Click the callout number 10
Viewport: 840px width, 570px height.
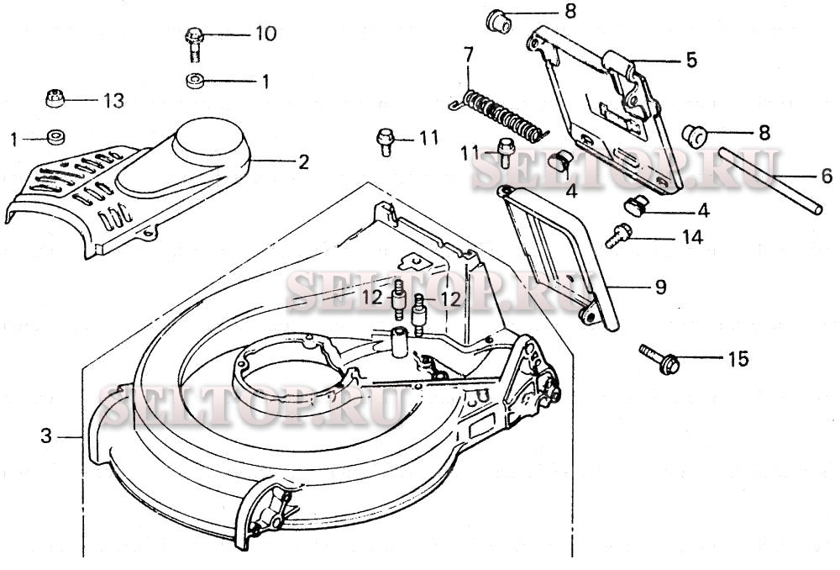tap(265, 34)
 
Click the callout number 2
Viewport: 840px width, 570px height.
tap(303, 161)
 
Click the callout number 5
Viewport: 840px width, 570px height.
tap(691, 60)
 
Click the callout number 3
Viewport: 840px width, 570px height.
tap(46, 435)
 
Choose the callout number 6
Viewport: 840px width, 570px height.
tap(827, 177)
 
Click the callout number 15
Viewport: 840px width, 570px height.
tap(737, 360)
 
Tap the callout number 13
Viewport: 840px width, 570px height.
tap(113, 101)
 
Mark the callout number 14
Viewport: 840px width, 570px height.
tap(691, 238)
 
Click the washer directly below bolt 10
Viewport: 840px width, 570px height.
tap(194, 82)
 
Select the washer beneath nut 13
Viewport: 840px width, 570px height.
tap(57, 135)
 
